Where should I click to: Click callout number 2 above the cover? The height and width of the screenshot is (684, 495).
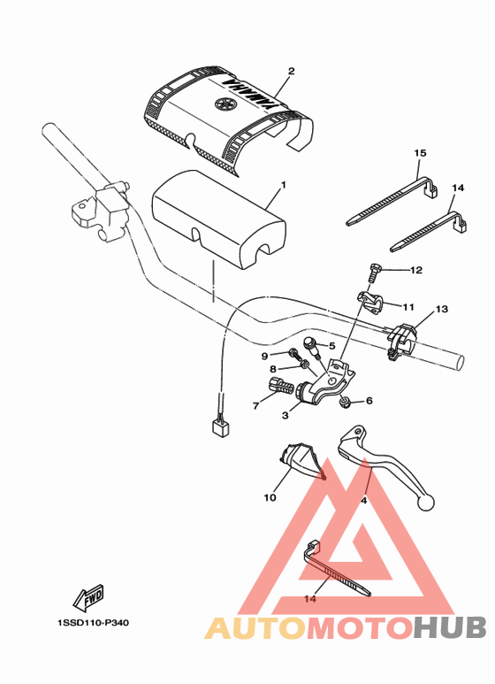point(291,71)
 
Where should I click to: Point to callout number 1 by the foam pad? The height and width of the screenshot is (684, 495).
point(283,187)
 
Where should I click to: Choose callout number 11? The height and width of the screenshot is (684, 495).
point(408,307)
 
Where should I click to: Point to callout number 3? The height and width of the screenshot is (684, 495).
point(286,415)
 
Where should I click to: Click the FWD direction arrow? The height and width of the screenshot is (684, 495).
point(90,601)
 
